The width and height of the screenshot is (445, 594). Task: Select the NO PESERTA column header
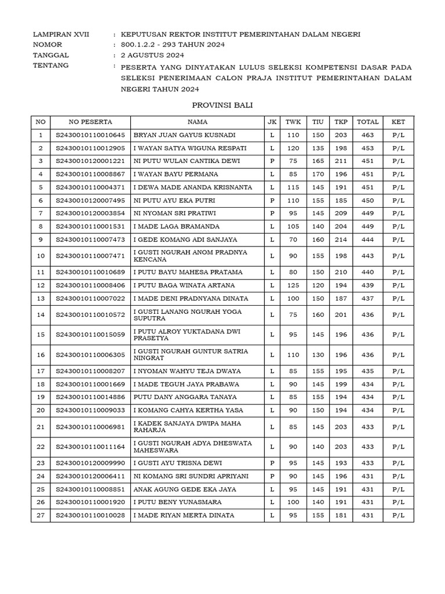click(x=90, y=122)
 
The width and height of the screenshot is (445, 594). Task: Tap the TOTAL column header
click(x=368, y=122)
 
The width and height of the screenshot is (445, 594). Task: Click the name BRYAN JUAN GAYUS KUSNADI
click(x=185, y=135)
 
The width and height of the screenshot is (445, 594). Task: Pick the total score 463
click(x=368, y=135)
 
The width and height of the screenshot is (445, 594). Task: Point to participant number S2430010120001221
click(x=90, y=161)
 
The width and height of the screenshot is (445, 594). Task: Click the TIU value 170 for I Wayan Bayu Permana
click(x=318, y=174)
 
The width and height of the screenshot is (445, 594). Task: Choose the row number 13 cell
click(x=41, y=298)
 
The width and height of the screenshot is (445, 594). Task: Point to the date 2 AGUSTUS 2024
click(x=152, y=55)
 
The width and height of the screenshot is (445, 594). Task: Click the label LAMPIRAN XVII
click(x=61, y=34)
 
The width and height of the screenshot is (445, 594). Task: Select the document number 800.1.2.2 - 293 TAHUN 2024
click(x=173, y=45)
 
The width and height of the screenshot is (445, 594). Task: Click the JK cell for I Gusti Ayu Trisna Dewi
click(x=272, y=463)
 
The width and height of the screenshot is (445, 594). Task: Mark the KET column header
click(x=398, y=122)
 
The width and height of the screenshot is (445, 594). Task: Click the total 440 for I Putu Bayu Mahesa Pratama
click(x=368, y=272)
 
